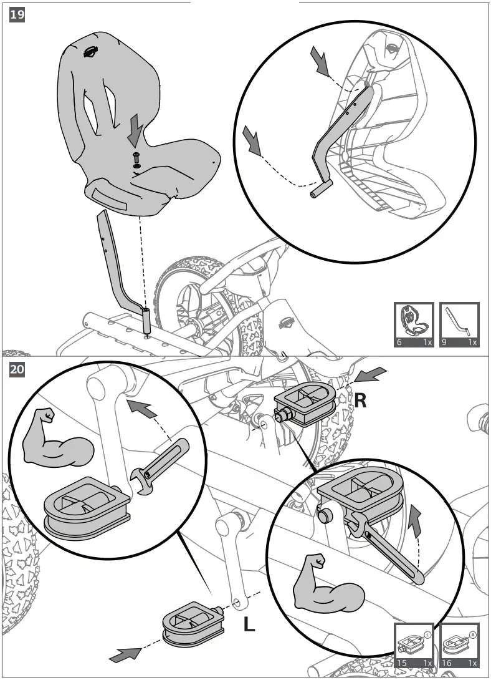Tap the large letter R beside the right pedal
(x=360, y=400)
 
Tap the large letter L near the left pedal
(x=249, y=624)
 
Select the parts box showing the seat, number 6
(x=414, y=324)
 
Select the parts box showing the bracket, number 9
(x=459, y=324)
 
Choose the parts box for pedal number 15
(x=414, y=645)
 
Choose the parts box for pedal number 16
(x=459, y=645)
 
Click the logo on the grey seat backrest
(x=92, y=52)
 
